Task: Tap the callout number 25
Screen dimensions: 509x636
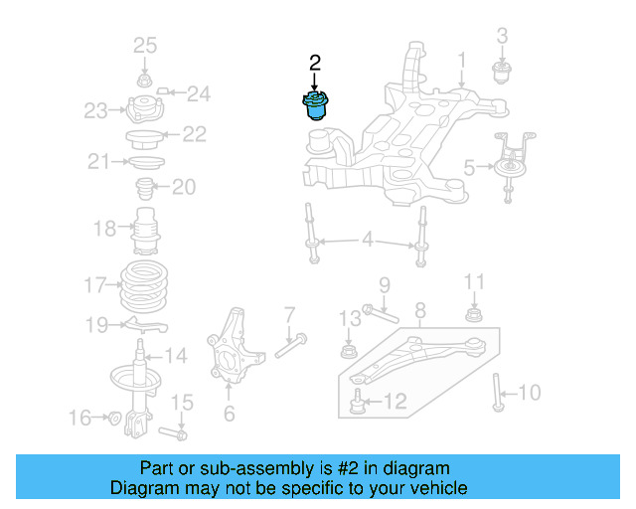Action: pos(145,45)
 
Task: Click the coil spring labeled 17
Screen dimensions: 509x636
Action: pos(146,286)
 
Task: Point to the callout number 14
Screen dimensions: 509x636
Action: pos(175,355)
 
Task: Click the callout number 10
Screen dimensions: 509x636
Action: pos(530,393)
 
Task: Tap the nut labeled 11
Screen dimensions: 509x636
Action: pos(474,316)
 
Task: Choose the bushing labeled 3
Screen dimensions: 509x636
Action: pos(502,73)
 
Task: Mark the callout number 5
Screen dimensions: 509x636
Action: pos(469,169)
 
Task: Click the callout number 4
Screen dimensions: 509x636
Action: pos(368,239)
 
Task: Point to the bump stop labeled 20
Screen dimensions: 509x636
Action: pos(144,188)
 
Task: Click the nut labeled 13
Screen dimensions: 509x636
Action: pos(348,351)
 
